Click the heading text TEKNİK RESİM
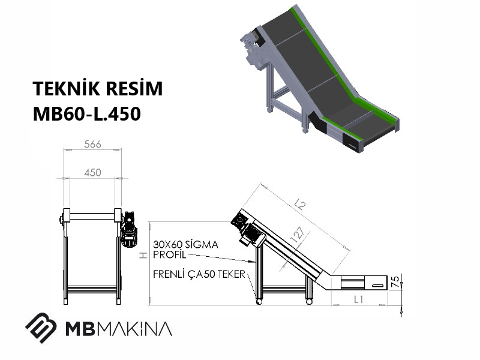(98, 88)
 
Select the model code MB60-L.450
(86, 113)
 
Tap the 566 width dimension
(92, 144)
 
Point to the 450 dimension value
(92, 172)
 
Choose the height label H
(143, 255)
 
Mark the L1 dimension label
(358, 299)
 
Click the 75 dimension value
(395, 281)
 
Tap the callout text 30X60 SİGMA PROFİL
(185, 250)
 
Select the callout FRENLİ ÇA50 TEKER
(199, 274)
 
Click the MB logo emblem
(41, 328)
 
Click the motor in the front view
(128, 229)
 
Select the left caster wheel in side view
(259, 302)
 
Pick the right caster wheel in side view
(309, 302)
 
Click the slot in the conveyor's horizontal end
(378, 286)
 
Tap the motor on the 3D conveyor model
(253, 49)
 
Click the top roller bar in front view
(92, 217)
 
